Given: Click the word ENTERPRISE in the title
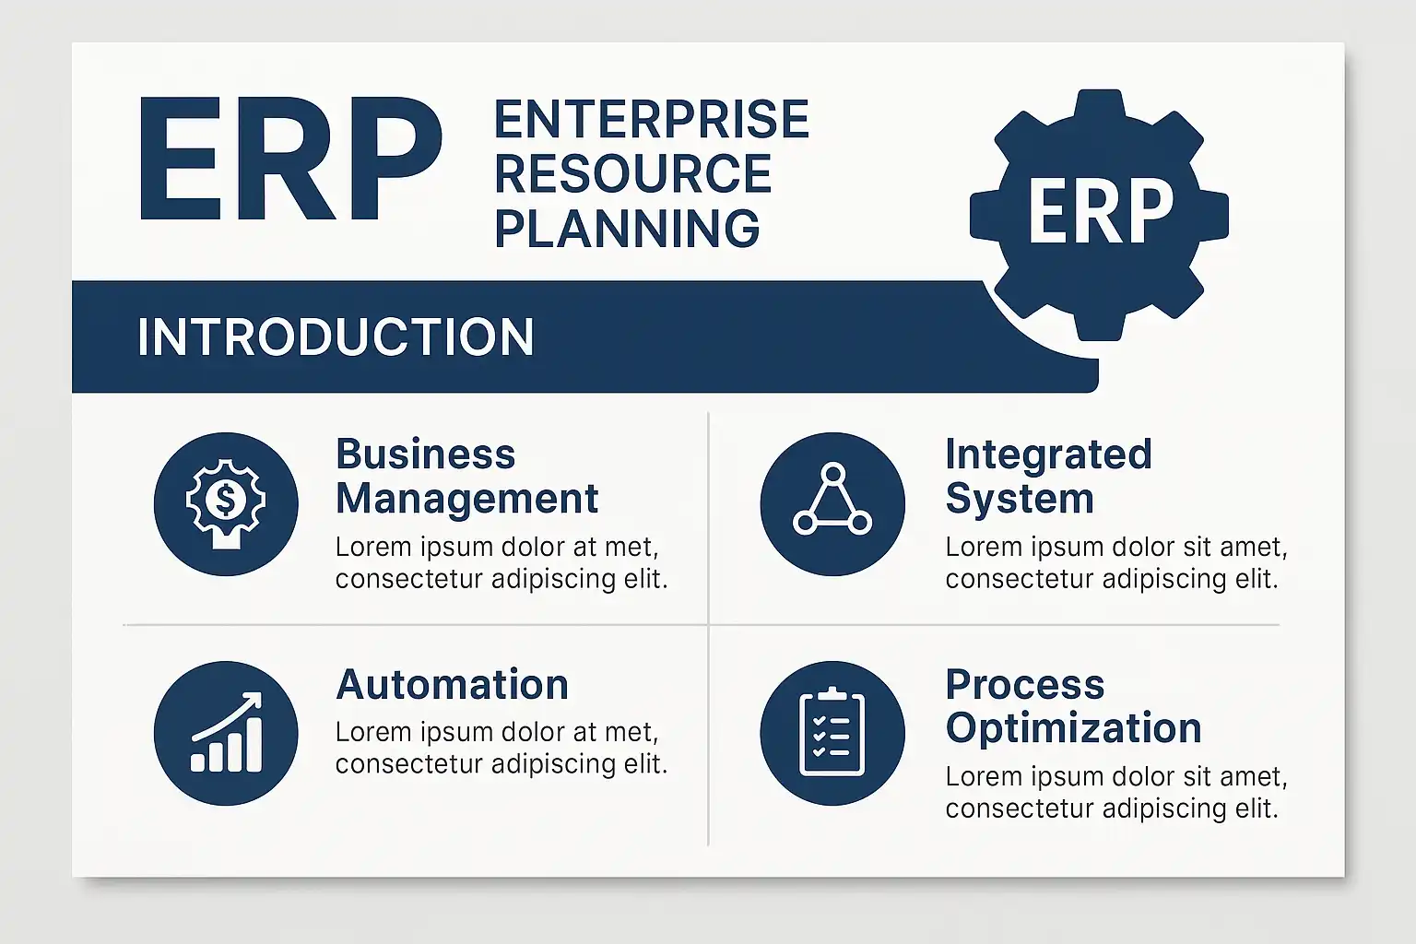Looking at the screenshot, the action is (x=651, y=119).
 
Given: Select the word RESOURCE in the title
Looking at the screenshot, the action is (x=632, y=173).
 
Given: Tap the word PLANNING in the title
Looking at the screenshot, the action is (x=627, y=228).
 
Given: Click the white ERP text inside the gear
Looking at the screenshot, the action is (x=1101, y=210).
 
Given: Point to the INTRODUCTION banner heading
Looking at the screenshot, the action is (x=336, y=337).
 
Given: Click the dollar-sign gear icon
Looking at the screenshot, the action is (x=226, y=504).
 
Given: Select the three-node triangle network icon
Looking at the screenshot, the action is (x=832, y=500).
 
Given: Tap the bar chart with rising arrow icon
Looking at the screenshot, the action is (x=226, y=732).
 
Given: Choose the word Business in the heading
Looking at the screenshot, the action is (x=425, y=454).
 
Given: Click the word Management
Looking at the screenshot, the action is (x=467, y=499).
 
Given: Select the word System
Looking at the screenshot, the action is (x=1020, y=499).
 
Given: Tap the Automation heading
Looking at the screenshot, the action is (x=453, y=685).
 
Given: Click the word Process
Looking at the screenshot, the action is (x=1025, y=685).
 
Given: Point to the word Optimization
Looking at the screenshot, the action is (x=1073, y=728).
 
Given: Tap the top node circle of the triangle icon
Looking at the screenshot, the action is (x=833, y=473).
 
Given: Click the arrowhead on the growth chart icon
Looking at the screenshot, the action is (x=253, y=700).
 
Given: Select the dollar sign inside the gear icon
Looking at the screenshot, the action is (x=226, y=499).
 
